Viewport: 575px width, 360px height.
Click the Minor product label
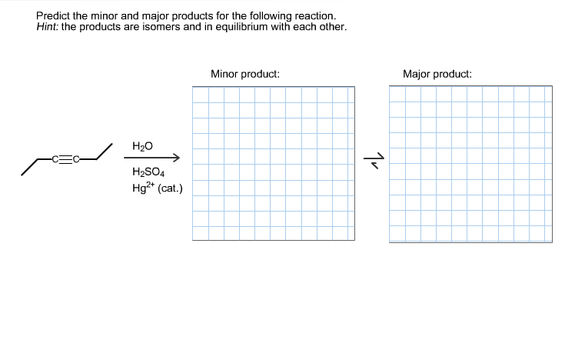(x=244, y=74)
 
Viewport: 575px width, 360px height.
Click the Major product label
(x=437, y=74)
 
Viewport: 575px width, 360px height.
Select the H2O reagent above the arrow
(x=142, y=146)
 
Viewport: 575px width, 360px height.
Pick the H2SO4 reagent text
(x=147, y=172)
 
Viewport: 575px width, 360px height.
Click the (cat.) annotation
(x=169, y=187)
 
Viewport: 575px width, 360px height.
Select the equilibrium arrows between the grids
(x=372, y=160)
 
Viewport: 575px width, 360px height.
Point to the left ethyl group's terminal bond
(x=29, y=167)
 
